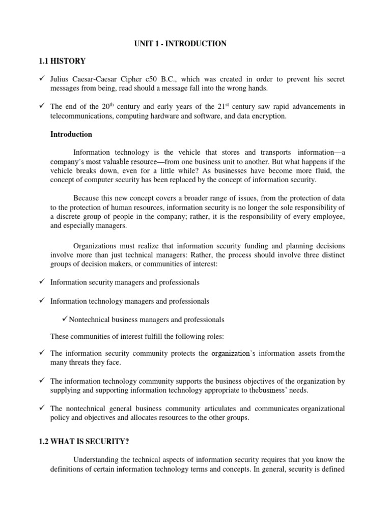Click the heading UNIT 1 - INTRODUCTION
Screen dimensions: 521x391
[x=181, y=44]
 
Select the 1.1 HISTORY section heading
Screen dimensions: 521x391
[x=62, y=62]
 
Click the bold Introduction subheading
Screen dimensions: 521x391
[x=71, y=135]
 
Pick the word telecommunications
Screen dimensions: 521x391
[x=81, y=116]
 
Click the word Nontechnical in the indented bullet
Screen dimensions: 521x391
[x=89, y=320]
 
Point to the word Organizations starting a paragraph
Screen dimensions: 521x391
[x=94, y=245]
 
